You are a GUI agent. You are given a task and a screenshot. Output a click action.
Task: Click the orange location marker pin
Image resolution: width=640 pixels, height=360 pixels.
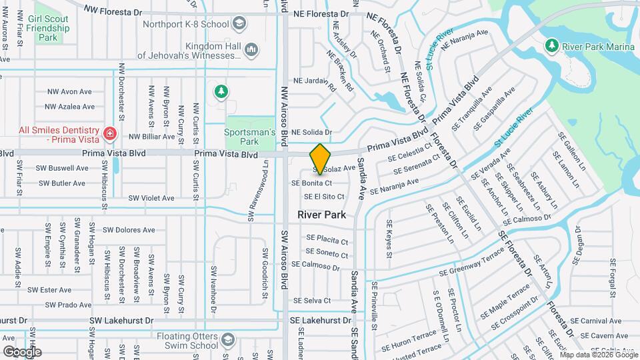(320, 159)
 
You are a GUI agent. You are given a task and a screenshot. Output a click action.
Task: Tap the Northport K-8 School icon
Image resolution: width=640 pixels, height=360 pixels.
(239, 25)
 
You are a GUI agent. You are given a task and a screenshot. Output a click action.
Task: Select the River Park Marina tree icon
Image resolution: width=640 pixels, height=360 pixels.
(551, 45)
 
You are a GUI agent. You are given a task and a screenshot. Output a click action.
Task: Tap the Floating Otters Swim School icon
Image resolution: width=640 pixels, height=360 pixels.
(229, 339)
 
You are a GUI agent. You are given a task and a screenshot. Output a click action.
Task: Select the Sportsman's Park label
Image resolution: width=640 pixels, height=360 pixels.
(250, 137)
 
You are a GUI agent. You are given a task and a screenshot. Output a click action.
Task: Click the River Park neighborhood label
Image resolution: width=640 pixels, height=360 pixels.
(321, 215)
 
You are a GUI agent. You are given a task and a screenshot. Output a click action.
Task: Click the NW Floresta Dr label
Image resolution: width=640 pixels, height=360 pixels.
(113, 11)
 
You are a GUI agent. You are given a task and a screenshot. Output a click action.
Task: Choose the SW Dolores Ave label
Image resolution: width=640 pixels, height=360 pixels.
(127, 230)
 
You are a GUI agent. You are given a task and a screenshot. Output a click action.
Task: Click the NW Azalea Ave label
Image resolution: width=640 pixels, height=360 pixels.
(69, 107)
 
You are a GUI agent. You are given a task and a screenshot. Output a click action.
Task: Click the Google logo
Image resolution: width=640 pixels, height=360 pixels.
(22, 351)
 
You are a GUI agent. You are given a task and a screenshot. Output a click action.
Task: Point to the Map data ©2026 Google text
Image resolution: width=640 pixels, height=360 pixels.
(599, 355)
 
